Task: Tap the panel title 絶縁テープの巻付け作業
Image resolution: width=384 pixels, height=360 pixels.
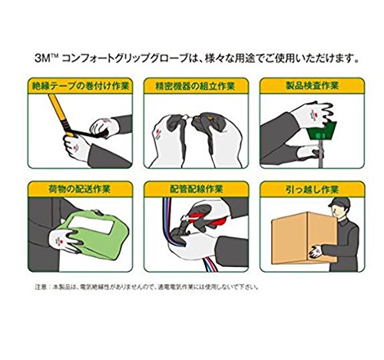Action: pos(80,86)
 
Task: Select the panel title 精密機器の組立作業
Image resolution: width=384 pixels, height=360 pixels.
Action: pos(195,86)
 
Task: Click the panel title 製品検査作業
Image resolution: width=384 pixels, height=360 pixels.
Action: pos(313,86)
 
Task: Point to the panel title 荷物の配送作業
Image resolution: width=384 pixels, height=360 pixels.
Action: pos(79,189)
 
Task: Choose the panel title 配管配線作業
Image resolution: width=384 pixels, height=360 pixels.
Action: pos(197,189)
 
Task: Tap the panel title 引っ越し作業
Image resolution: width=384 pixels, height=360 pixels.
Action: pos(313,190)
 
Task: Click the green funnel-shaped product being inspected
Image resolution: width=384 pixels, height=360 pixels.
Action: pos(323,130)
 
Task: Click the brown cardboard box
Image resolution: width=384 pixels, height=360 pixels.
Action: pos(304,238)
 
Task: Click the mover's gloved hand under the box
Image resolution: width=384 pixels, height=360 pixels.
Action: pos(316,251)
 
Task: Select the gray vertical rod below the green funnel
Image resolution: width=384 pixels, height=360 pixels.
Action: pos(320,154)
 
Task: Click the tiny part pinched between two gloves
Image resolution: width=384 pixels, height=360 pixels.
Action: pos(189,117)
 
